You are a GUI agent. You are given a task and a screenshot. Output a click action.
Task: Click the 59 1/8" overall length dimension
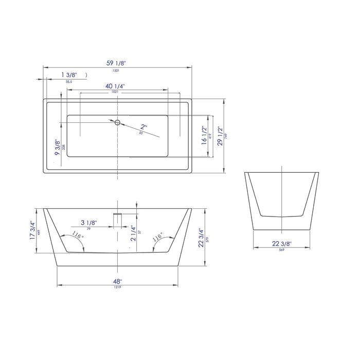click(117, 63)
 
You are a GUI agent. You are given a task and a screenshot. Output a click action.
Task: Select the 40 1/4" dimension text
click(117, 86)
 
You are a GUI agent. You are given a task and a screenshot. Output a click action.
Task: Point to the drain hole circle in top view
click(117, 122)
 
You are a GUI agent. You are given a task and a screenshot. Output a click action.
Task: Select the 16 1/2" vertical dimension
click(204, 137)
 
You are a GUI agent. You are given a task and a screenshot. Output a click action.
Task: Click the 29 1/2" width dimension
click(220, 136)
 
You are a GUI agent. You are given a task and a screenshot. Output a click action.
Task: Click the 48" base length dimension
click(118, 281)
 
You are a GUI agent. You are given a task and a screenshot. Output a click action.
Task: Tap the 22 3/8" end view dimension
click(282, 244)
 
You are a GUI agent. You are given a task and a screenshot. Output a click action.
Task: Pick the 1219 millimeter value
click(118, 287)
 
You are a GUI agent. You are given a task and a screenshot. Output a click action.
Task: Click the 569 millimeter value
click(282, 251)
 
